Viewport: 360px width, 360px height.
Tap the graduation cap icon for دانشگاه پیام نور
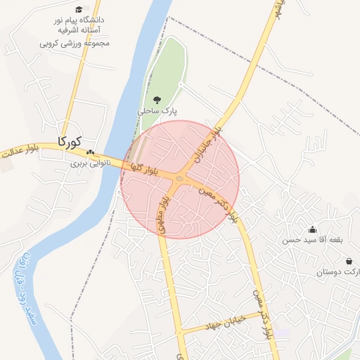pyautogui.click(x=78, y=10)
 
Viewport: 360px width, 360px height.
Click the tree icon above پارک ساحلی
pyautogui.click(x=157, y=100)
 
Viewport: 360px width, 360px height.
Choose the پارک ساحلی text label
pyautogui.click(x=157, y=111)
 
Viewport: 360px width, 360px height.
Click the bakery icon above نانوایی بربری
pyautogui.click(x=89, y=152)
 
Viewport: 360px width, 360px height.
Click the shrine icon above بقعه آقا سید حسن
pyautogui.click(x=312, y=229)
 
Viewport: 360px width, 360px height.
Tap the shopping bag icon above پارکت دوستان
pyautogui.click(x=349, y=261)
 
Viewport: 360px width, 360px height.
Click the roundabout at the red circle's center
pyautogui.click(x=180, y=179)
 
